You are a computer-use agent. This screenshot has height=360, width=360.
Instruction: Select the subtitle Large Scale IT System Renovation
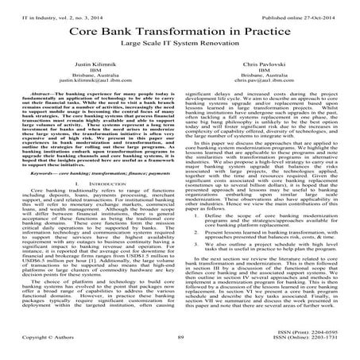(x=180, y=48)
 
